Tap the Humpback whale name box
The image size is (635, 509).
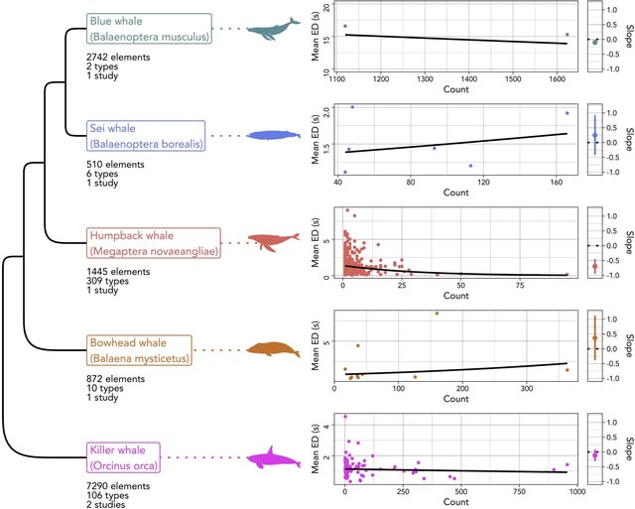pos(153,242)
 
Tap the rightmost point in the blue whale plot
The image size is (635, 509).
pos(567,35)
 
